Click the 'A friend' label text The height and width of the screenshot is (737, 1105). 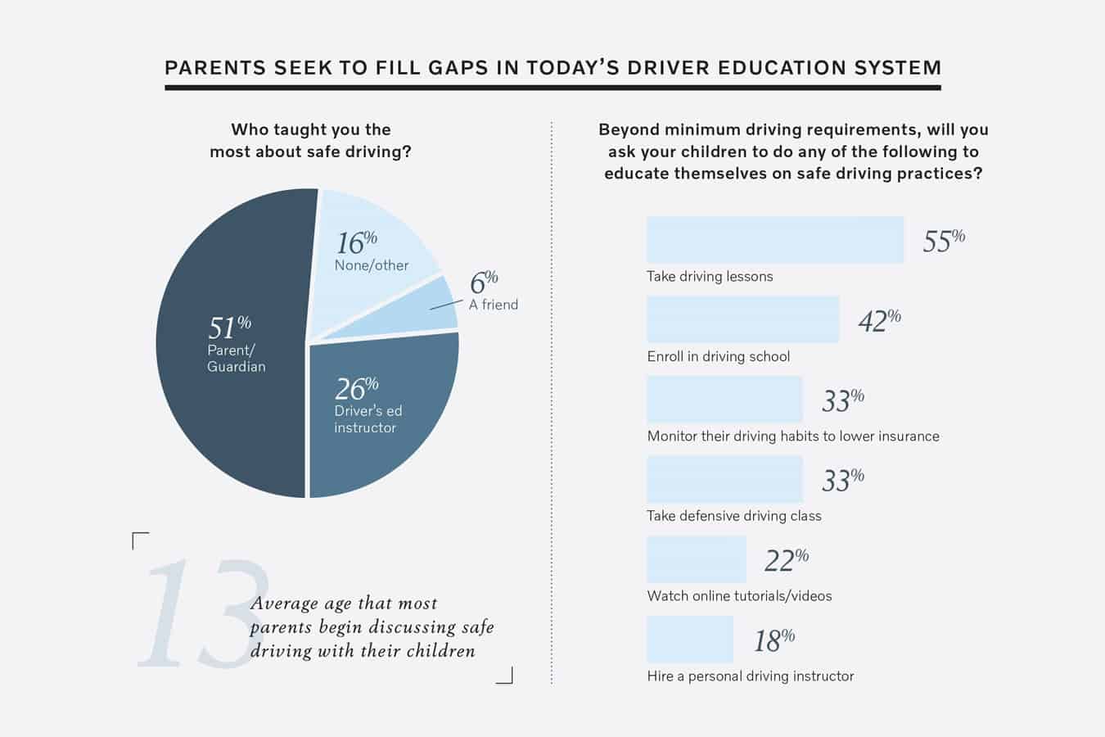(493, 305)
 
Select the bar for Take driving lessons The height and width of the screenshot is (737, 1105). (774, 240)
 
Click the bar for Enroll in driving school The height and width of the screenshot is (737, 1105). (742, 319)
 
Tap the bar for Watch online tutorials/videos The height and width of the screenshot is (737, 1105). (696, 559)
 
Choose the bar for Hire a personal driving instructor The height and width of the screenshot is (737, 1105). (689, 639)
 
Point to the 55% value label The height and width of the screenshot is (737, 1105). (943, 241)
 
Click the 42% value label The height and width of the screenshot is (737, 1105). (879, 320)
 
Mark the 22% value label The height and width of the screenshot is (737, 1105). (786, 560)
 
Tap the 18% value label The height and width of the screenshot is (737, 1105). (773, 640)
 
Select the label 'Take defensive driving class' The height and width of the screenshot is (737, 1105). (733, 516)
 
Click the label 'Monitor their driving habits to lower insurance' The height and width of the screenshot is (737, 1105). (792, 436)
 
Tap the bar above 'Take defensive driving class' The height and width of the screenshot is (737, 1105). (724, 479)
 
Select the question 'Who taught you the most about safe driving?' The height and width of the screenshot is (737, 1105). (310, 140)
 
